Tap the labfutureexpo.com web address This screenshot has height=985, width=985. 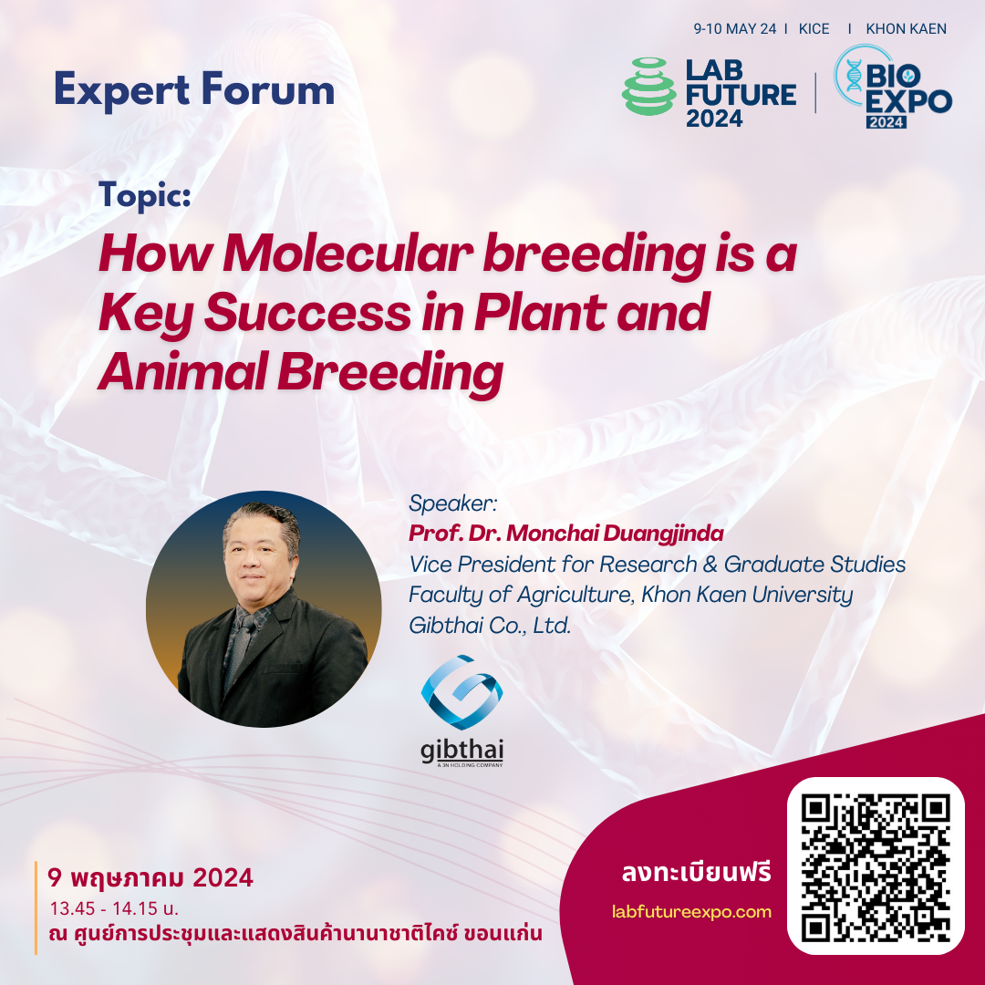click(x=691, y=911)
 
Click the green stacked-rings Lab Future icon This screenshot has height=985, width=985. click(x=649, y=87)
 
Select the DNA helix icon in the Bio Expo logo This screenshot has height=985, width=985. click(x=854, y=76)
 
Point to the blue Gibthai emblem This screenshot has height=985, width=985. click(x=461, y=691)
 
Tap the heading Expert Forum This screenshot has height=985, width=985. click(x=194, y=90)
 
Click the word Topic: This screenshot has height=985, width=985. click(x=145, y=195)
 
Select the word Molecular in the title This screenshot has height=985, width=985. click(x=348, y=254)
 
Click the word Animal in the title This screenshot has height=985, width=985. click(x=182, y=371)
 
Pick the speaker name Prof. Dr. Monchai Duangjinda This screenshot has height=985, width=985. click(x=566, y=534)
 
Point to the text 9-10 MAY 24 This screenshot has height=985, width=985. click(x=734, y=29)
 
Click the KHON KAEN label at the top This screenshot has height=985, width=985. click(x=906, y=29)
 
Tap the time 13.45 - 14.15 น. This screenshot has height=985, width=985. click(x=114, y=908)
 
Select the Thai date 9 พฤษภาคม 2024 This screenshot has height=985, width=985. click(x=150, y=877)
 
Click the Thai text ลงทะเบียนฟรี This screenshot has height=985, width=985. click(x=697, y=873)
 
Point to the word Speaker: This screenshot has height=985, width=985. click(x=453, y=503)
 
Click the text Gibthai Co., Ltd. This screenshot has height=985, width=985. click(x=490, y=626)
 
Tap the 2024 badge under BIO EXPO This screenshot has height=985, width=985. click(x=886, y=122)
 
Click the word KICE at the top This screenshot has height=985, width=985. click(x=814, y=29)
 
